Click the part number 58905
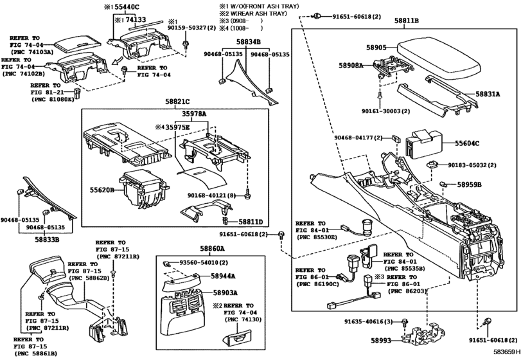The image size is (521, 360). [376, 48]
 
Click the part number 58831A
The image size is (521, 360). [488, 94]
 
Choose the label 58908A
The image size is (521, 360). [351, 66]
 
